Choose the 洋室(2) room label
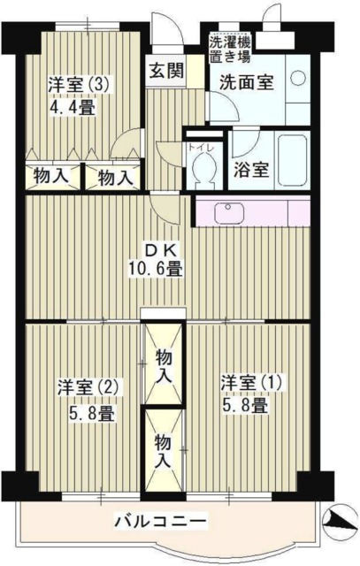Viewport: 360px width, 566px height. [89, 387]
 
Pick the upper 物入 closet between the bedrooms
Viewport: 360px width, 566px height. [165, 365]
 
